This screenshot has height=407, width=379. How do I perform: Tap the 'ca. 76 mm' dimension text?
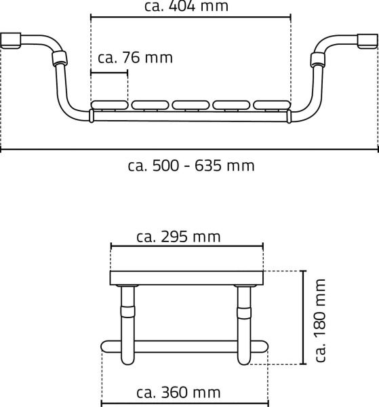click(135, 58)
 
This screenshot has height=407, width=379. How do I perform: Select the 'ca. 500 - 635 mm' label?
click(191, 166)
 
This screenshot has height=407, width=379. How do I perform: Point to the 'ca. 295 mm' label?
click(178, 237)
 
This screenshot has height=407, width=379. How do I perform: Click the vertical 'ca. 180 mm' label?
click(320, 320)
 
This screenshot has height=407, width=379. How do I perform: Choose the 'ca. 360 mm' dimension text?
click(178, 393)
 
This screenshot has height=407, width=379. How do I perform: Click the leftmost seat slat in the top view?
click(110, 105)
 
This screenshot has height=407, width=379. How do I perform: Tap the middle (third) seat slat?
click(191, 105)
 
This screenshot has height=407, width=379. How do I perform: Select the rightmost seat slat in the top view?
click(272, 105)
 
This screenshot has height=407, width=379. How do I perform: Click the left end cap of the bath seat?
click(11, 40)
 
